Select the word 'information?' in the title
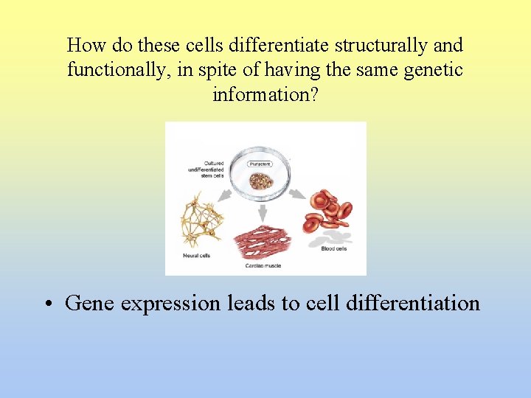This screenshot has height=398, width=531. point(265,95)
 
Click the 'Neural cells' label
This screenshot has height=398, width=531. point(197,256)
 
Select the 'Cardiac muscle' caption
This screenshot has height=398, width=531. point(263,265)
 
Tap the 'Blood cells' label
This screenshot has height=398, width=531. point(333,249)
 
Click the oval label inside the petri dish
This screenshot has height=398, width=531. point(259,164)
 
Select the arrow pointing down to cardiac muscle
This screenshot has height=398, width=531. point(262,213)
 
